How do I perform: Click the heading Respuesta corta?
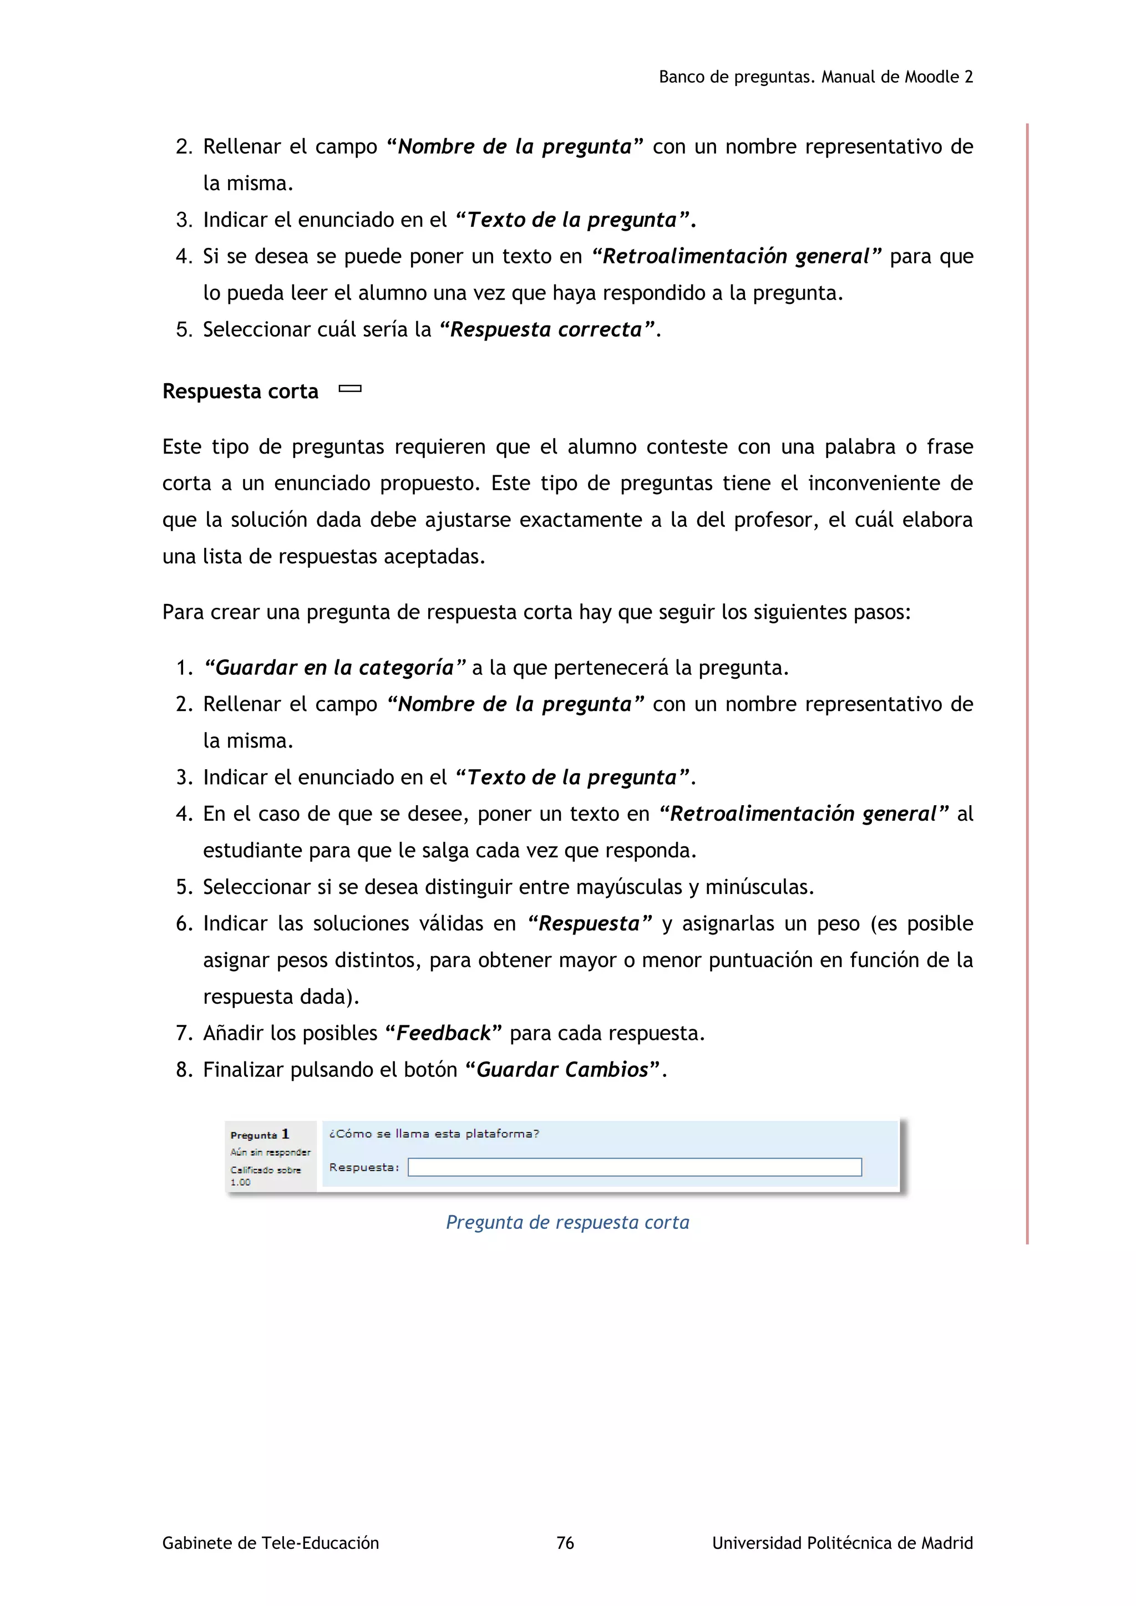point(240,391)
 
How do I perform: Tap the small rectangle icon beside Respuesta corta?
point(350,389)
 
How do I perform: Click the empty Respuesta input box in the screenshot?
point(634,1167)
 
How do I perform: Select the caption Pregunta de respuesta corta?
point(567,1222)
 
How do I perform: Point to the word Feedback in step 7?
point(444,1033)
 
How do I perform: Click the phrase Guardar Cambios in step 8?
point(562,1070)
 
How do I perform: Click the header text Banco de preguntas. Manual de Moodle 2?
point(815,77)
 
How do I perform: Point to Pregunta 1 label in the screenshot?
point(260,1135)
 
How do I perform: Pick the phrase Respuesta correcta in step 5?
point(546,329)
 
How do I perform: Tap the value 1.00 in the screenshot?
point(240,1182)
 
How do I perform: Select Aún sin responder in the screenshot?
point(270,1152)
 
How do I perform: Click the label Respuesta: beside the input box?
point(364,1167)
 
